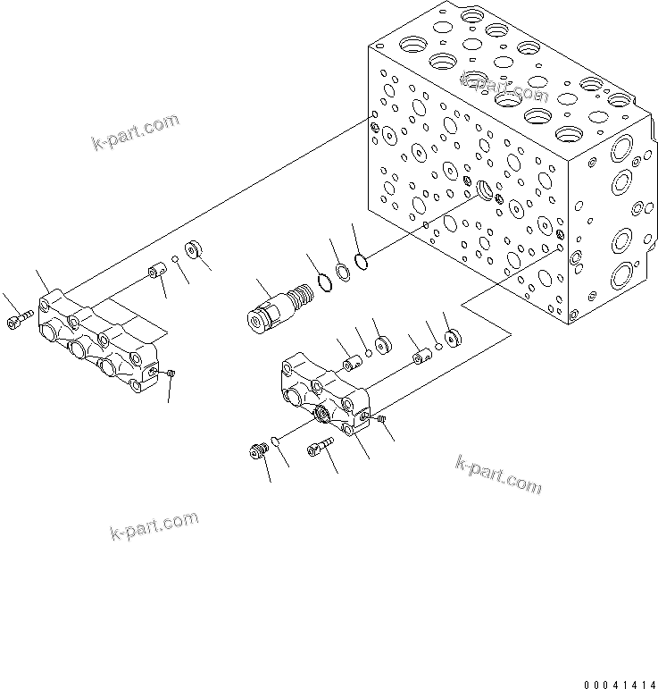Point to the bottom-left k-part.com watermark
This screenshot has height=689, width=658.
[x=154, y=528]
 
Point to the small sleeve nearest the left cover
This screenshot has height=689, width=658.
[x=156, y=270]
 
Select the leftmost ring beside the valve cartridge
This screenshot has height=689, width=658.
[x=325, y=283]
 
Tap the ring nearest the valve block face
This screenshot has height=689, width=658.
[x=361, y=260]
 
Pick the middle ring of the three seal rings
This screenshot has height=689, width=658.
[x=343, y=271]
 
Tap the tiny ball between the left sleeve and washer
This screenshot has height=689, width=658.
[x=177, y=260]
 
